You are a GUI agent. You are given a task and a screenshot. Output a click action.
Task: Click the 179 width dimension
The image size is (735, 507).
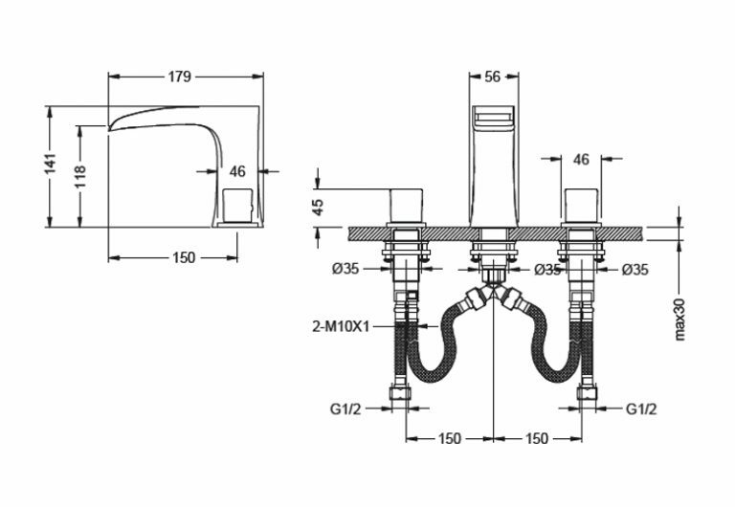(180, 77)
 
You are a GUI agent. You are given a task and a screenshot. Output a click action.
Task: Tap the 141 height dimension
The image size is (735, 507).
(50, 163)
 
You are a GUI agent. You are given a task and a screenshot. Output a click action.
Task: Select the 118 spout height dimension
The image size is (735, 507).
(79, 176)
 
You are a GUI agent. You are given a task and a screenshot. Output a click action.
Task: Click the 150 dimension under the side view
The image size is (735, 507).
(184, 257)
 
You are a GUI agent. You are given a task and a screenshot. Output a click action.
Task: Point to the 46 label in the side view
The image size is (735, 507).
(237, 171)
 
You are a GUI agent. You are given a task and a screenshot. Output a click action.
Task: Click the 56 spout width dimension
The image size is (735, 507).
(492, 77)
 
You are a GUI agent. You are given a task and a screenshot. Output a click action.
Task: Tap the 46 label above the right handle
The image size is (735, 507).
(581, 160)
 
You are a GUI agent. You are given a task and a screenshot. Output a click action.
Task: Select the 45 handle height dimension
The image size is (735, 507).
(319, 208)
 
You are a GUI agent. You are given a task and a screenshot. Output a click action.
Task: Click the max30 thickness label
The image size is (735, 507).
(679, 320)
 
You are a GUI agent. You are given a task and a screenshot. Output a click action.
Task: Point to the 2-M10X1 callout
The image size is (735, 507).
(341, 326)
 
